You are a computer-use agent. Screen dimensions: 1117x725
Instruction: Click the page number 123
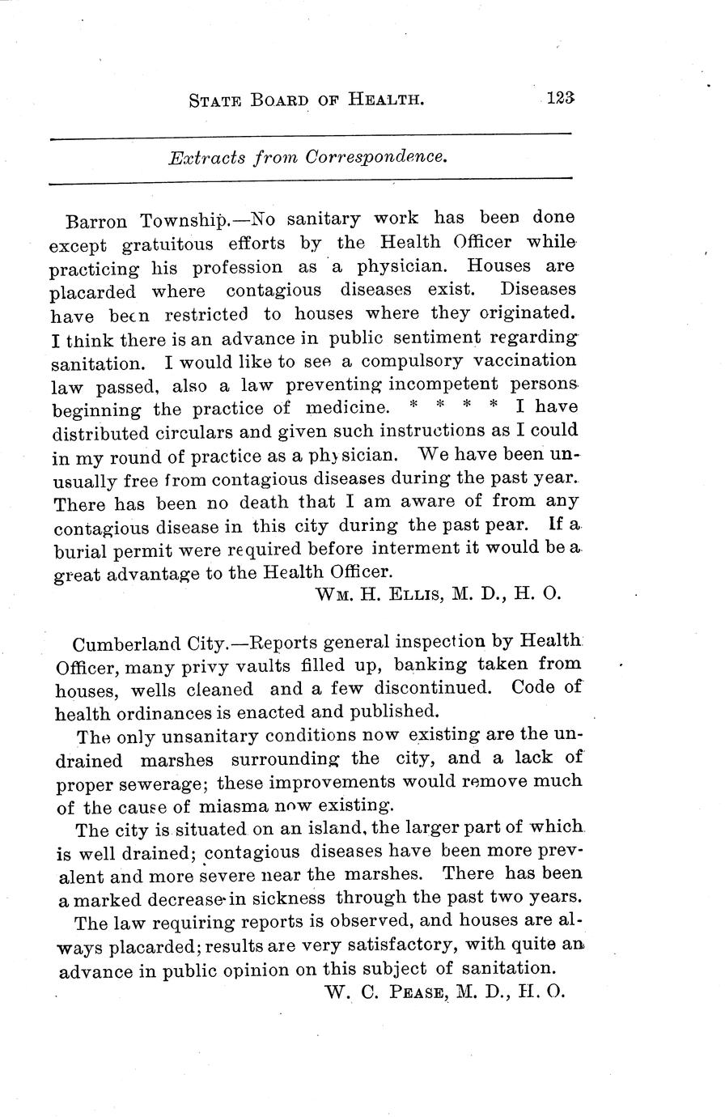(x=559, y=99)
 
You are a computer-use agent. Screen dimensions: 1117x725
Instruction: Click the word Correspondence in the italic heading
(x=375, y=158)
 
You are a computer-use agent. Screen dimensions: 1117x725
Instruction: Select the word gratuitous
(x=168, y=244)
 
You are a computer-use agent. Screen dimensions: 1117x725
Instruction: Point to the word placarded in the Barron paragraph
(x=94, y=291)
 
